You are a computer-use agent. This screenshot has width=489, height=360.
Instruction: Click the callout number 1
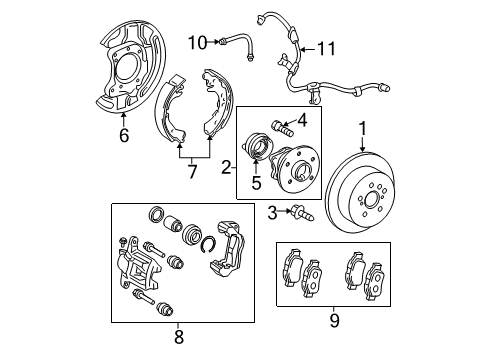363,127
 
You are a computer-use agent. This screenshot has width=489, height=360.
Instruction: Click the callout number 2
227,168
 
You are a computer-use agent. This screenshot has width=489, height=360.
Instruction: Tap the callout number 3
272,211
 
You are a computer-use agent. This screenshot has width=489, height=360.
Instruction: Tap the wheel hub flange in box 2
294,166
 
